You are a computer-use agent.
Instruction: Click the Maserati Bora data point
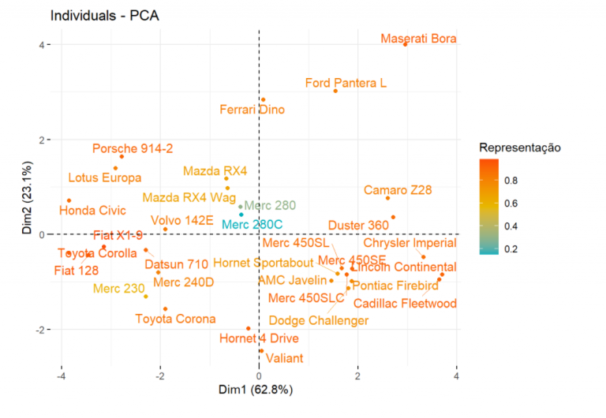(406, 44)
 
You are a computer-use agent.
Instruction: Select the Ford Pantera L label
(345, 83)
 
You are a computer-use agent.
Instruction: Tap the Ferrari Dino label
(252, 110)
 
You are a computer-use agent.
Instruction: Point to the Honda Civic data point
(69, 200)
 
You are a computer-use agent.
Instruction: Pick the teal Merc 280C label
(250, 224)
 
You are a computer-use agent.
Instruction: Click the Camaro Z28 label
(398, 191)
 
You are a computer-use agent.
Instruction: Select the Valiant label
(284, 358)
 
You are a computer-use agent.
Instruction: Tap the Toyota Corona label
(175, 319)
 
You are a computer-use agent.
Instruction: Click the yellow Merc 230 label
(119, 288)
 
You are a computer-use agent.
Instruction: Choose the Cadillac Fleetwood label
(405, 304)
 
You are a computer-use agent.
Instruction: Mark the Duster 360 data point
(393, 217)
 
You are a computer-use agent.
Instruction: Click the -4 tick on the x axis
(61, 375)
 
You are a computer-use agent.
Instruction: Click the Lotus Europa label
(105, 177)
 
